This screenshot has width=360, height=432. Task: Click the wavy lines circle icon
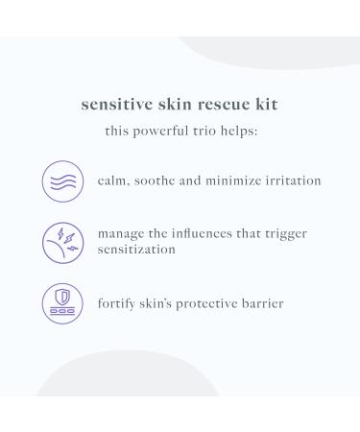[x=61, y=180]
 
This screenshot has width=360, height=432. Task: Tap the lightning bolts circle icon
[x=61, y=242]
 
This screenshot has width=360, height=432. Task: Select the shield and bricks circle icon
[x=61, y=303]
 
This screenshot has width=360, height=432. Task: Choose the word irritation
[x=291, y=180]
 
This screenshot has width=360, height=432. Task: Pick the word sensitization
[x=136, y=249]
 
